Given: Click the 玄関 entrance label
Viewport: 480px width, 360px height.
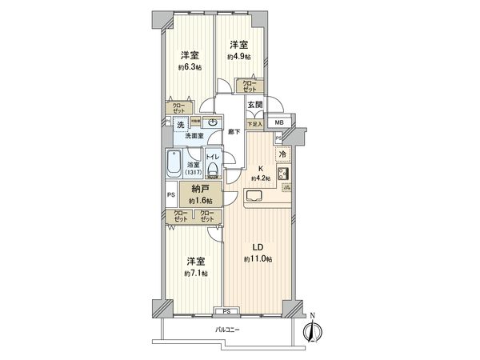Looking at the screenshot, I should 254,106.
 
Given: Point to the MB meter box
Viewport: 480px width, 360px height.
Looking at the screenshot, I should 278,122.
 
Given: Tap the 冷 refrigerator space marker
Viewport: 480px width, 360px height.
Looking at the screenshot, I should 282,155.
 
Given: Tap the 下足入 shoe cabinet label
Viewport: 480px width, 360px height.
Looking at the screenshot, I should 254,124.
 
